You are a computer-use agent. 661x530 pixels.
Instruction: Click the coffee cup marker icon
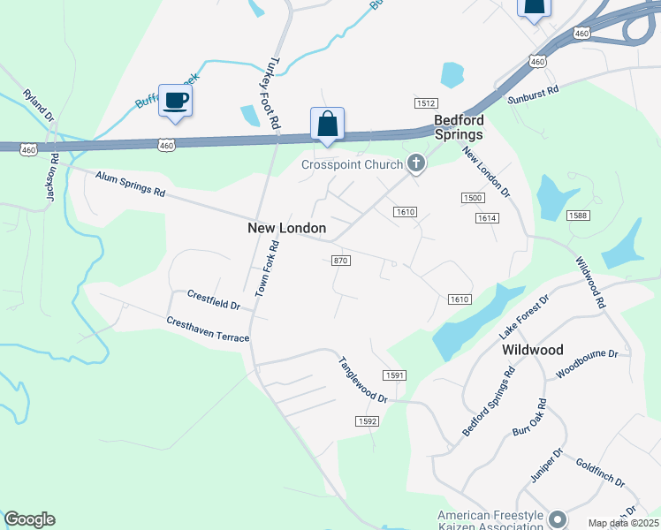[x=175, y=100]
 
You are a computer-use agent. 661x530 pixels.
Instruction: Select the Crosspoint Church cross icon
[x=415, y=163]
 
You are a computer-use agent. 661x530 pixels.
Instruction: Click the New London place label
[x=286, y=228]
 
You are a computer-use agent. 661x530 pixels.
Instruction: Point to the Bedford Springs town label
[x=459, y=127]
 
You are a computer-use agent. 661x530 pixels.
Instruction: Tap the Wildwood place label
[x=533, y=350]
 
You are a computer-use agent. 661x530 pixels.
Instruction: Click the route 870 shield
[x=340, y=261]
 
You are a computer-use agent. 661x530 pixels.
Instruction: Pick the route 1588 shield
[x=579, y=216]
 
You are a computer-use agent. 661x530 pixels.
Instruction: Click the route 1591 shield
[x=394, y=375]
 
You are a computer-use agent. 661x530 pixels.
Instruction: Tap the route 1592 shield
[x=368, y=421]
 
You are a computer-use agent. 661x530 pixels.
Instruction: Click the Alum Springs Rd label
[x=131, y=185]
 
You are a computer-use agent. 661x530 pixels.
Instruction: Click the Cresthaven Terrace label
[x=208, y=330]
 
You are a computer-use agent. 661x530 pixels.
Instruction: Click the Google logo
[x=29, y=519]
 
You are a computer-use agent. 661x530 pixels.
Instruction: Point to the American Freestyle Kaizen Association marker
[x=558, y=518]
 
